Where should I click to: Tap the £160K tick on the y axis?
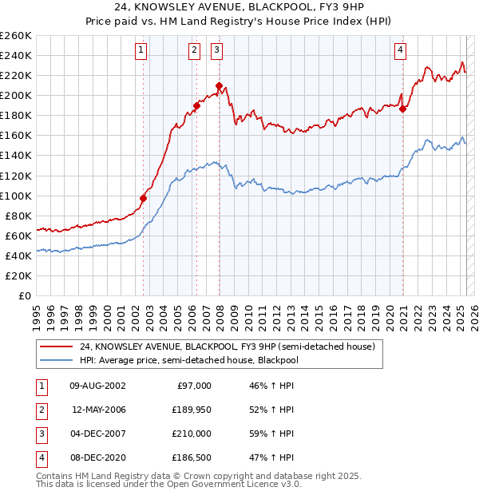16,135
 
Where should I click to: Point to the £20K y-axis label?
18,275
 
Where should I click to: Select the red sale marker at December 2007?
219,85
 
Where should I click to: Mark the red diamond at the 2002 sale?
144,198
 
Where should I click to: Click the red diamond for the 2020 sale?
403,109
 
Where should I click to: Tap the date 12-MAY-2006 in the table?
99,410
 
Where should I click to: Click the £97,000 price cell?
193,386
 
